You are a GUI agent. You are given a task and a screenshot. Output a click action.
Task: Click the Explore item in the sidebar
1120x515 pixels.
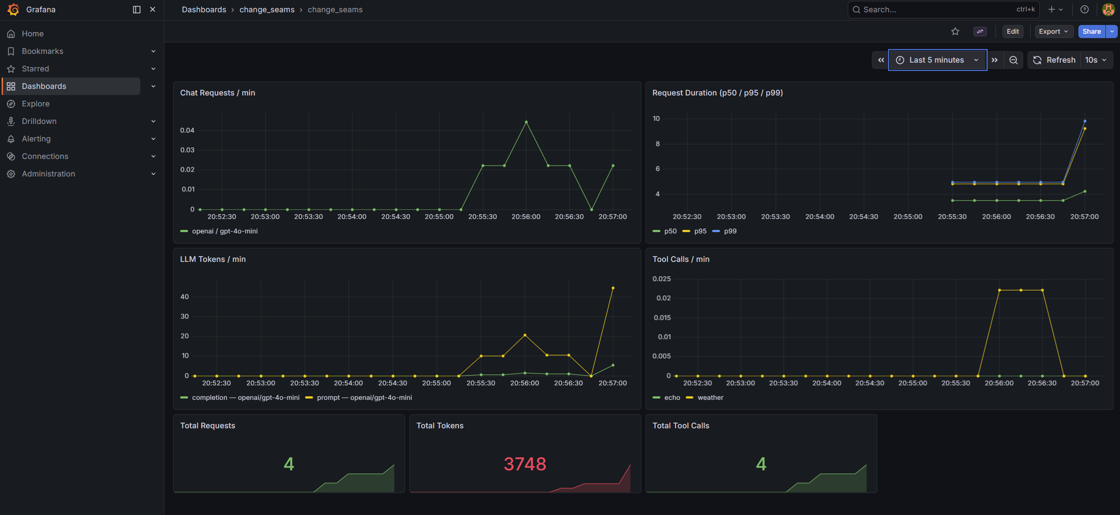[x=36, y=104]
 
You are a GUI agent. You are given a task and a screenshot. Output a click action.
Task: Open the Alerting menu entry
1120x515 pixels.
[x=36, y=139]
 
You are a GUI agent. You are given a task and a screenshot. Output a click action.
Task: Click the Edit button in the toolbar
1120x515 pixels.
[x=1012, y=32]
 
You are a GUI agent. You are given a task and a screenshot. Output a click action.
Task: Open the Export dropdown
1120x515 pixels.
[x=1053, y=32]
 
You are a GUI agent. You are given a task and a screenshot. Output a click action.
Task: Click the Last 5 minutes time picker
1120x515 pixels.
[x=937, y=60]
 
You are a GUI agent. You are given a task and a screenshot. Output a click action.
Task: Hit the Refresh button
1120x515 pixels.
[x=1054, y=60]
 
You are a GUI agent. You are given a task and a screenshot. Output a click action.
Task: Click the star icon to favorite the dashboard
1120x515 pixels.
[x=955, y=32]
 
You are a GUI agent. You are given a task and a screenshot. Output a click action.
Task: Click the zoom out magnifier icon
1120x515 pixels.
[x=1013, y=60]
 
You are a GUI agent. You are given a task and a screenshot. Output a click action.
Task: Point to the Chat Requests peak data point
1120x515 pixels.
[x=526, y=122]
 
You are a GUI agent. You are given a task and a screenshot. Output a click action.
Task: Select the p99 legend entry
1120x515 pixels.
[x=730, y=231]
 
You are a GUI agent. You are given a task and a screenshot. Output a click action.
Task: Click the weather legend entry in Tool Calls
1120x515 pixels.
[x=710, y=398]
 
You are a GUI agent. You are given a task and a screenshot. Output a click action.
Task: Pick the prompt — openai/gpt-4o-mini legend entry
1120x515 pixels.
[x=364, y=398]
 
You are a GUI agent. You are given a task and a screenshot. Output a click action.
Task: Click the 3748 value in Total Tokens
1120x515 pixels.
[x=525, y=464]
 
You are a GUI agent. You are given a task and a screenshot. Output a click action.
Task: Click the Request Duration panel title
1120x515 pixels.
[x=717, y=93]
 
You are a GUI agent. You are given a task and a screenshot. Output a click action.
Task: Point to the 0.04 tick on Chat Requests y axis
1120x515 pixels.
[x=187, y=131]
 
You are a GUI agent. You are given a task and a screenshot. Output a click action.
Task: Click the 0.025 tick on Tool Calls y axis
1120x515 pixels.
[x=661, y=279]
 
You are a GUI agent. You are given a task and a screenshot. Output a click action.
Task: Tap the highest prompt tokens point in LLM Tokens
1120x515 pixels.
[x=613, y=288]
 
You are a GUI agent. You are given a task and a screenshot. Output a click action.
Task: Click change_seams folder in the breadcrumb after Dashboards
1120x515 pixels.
[x=267, y=10]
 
